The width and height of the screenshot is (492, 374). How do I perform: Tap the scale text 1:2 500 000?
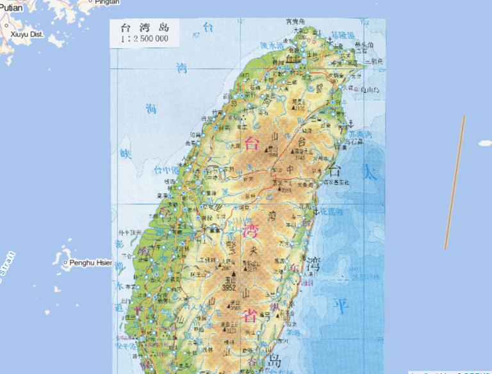click(x=143, y=39)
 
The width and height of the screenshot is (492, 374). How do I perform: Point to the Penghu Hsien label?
click(x=90, y=263)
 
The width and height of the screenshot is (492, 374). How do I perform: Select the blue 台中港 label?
click(x=165, y=170)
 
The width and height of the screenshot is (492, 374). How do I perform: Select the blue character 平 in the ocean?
click(x=344, y=307)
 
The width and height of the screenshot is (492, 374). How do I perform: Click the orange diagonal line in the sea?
click(x=455, y=183)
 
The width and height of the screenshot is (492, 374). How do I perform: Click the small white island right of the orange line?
click(x=485, y=143)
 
